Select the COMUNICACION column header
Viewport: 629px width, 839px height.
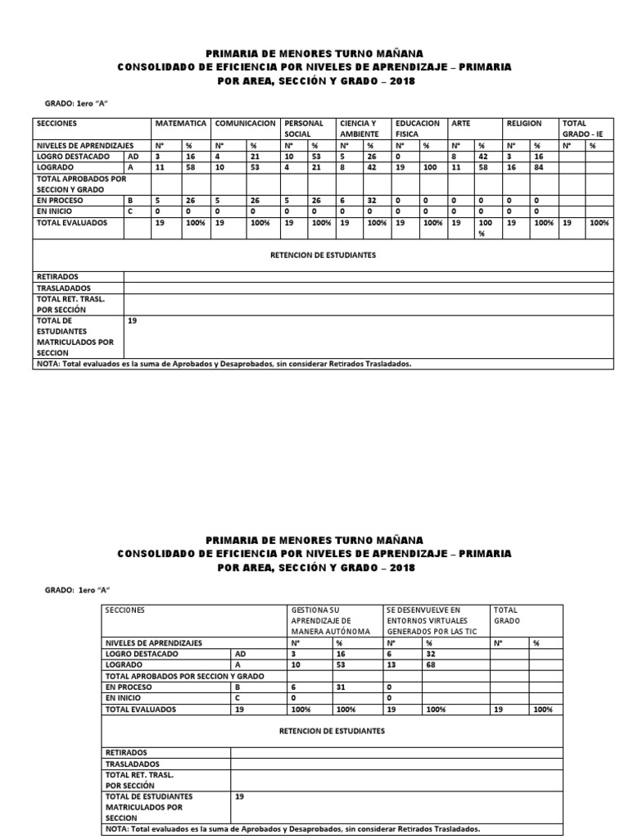pyautogui.click(x=245, y=124)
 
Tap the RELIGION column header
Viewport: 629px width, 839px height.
pyautogui.click(x=524, y=124)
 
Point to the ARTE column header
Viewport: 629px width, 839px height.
pyautogui.click(x=461, y=124)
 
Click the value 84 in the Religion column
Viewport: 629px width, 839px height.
pyautogui.click(x=538, y=166)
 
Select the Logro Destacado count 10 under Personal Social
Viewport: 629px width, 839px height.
pyautogui.click(x=290, y=155)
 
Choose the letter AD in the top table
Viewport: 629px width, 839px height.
pyautogui.click(x=133, y=155)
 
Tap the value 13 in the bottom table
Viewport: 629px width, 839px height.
pyautogui.click(x=391, y=665)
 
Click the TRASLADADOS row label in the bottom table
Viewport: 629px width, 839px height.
pyautogui.click(x=132, y=762)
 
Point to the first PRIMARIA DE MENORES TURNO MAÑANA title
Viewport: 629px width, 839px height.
pyautogui.click(x=314, y=52)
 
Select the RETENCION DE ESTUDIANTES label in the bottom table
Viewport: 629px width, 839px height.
pyautogui.click(x=343, y=729)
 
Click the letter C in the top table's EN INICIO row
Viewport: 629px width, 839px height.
pyautogui.click(x=129, y=211)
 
